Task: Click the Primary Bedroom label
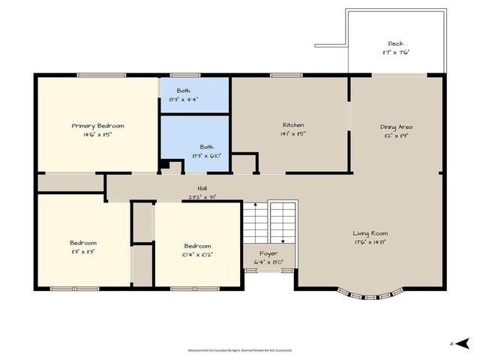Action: tap(97, 126)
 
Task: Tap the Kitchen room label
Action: tap(293, 124)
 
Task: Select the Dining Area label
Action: tap(396, 127)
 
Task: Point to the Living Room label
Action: tap(370, 233)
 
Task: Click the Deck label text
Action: tap(395, 43)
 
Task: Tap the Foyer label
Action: tap(268, 253)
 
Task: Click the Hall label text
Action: tap(202, 188)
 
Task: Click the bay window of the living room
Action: tap(370, 295)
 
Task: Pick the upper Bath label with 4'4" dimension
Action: tap(184, 90)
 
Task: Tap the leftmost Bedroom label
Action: tap(83, 243)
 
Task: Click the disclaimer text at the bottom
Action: tap(240, 349)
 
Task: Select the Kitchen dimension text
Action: tap(293, 133)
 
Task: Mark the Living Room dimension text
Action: tap(370, 242)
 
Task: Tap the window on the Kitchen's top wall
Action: tap(281, 74)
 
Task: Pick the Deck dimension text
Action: tap(395, 52)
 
